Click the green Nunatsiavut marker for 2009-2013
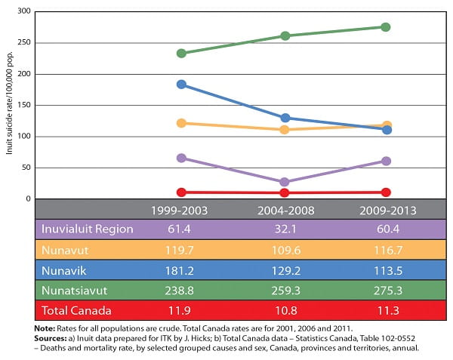pos(385,27)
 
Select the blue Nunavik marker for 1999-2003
pos(180,85)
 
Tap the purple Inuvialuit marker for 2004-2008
pos(284,182)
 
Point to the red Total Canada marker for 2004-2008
pos(284,193)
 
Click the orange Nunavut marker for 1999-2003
pos(180,123)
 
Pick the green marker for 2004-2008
pos(284,36)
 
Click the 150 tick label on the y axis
pos(23,106)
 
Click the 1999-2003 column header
pos(180,209)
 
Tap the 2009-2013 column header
pos(385,209)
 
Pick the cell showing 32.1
pos(284,229)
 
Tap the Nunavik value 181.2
pos(180,269)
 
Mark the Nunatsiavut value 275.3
pos(385,289)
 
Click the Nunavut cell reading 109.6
pos(284,249)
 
